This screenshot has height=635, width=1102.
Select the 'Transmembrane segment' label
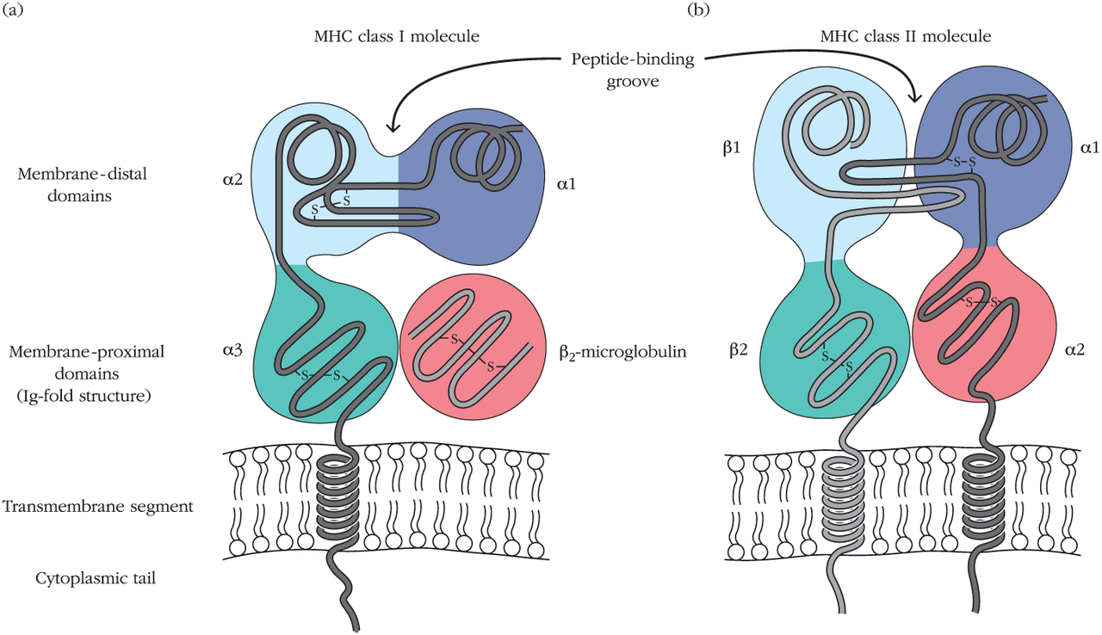[97, 505]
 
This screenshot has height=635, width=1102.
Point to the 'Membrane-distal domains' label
[82, 182]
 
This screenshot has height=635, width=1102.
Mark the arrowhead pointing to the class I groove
[392, 127]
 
